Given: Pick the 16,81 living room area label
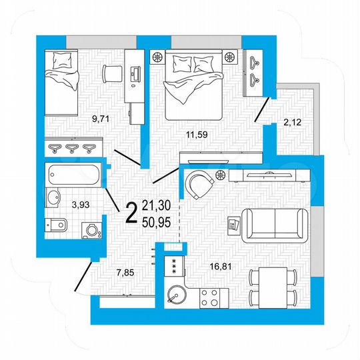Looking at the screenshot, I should pyautogui.click(x=220, y=267).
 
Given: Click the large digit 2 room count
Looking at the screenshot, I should pyautogui.click(x=132, y=212).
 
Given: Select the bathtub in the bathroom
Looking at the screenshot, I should pyautogui.click(x=73, y=176).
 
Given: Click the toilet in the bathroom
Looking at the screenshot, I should pyautogui.click(x=57, y=225).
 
